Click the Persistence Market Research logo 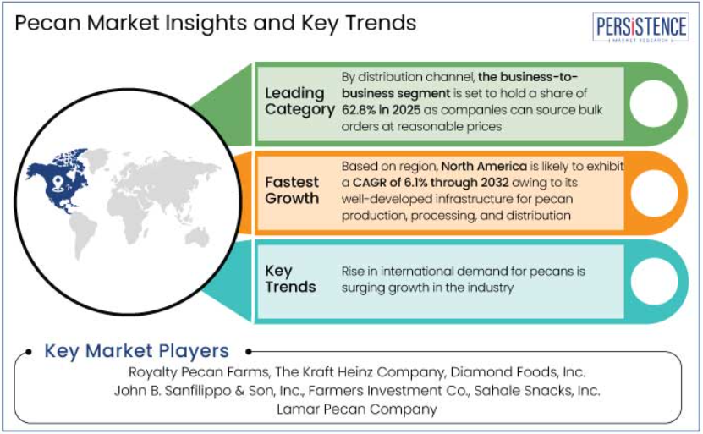pyautogui.click(x=640, y=27)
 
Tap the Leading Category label pyautogui.click(x=299, y=102)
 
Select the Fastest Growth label pyautogui.click(x=292, y=190)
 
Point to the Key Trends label pyautogui.click(x=290, y=279)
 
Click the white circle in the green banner pyautogui.click(x=653, y=103)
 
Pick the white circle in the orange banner pyautogui.click(x=654, y=193)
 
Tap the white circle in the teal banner pyautogui.click(x=654, y=281)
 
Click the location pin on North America pyautogui.click(x=58, y=183)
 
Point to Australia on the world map pyautogui.click(x=196, y=236)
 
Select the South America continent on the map pyautogui.click(x=83, y=234)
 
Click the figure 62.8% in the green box pyautogui.click(x=357, y=110)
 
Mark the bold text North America pyautogui.click(x=484, y=167)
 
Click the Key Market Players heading pyautogui.click(x=137, y=351)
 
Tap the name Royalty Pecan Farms pyautogui.click(x=199, y=372)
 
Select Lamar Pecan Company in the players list pyautogui.click(x=357, y=409)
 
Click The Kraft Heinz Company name pyautogui.click(x=360, y=372)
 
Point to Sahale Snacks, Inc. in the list pyautogui.click(x=537, y=391)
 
